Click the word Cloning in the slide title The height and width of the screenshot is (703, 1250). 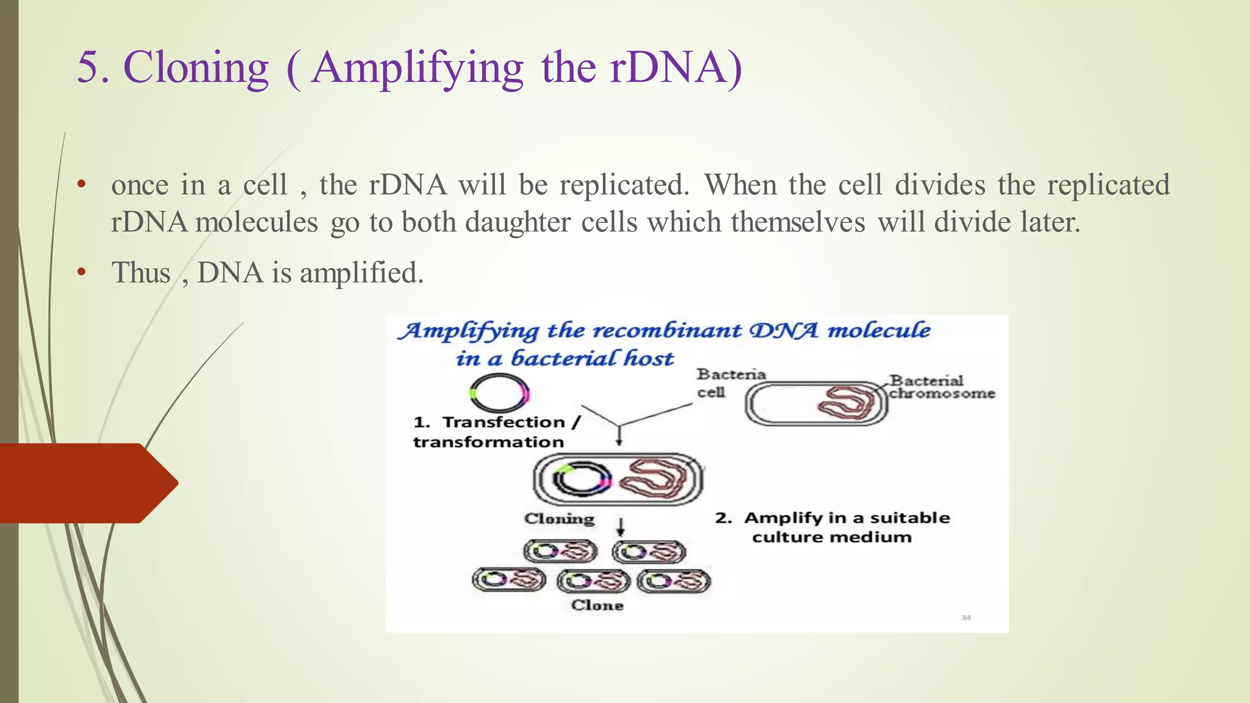(x=195, y=67)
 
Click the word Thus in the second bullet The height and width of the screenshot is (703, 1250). (x=141, y=273)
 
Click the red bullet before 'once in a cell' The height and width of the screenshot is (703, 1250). (x=81, y=184)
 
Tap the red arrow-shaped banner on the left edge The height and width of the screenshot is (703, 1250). (x=85, y=483)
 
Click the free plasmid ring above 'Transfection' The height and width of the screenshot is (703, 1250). (x=499, y=394)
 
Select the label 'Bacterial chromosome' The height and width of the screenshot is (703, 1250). (x=941, y=387)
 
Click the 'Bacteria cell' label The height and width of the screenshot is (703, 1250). (x=730, y=383)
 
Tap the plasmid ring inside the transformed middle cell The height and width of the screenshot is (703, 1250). (x=581, y=478)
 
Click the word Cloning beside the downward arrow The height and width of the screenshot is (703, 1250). (x=558, y=519)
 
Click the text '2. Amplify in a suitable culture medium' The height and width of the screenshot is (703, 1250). (x=833, y=527)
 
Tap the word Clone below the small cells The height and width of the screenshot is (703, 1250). (x=597, y=605)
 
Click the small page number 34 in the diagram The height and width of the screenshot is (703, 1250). (x=966, y=618)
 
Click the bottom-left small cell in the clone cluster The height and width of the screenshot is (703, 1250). (x=509, y=579)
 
